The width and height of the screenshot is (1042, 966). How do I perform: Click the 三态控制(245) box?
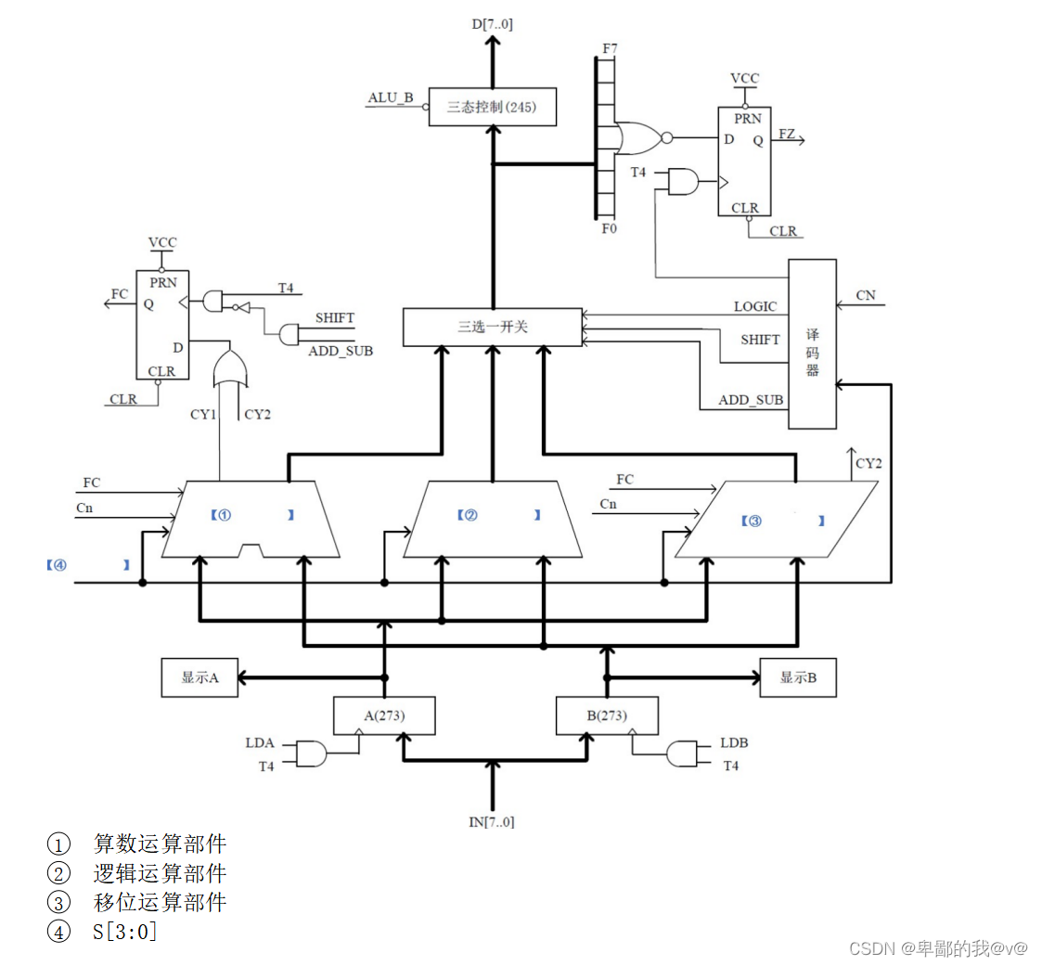(x=492, y=107)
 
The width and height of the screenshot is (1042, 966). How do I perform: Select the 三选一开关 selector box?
(x=492, y=327)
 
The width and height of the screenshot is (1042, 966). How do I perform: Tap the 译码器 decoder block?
(x=812, y=343)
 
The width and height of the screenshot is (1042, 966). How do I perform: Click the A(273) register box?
(x=384, y=715)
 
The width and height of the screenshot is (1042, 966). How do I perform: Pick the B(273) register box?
(x=607, y=715)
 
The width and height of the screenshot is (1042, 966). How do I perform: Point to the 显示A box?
(x=199, y=677)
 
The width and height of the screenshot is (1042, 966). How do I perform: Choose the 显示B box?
(x=798, y=677)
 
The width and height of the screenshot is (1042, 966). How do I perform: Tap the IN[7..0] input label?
(x=492, y=821)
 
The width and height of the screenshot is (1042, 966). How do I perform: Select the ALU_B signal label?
(x=390, y=98)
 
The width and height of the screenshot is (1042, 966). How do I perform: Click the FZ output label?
(x=786, y=135)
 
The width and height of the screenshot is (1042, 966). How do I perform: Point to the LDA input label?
(x=259, y=744)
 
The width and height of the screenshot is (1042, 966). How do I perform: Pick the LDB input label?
(x=734, y=744)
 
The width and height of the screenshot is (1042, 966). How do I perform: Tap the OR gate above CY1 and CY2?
(x=231, y=371)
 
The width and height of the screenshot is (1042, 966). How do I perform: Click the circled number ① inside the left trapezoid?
(x=224, y=514)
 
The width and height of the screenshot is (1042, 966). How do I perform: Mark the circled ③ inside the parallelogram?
(x=753, y=522)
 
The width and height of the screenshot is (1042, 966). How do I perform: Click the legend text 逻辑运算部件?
(x=160, y=873)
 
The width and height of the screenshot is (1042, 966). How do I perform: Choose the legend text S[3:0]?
(x=125, y=931)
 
